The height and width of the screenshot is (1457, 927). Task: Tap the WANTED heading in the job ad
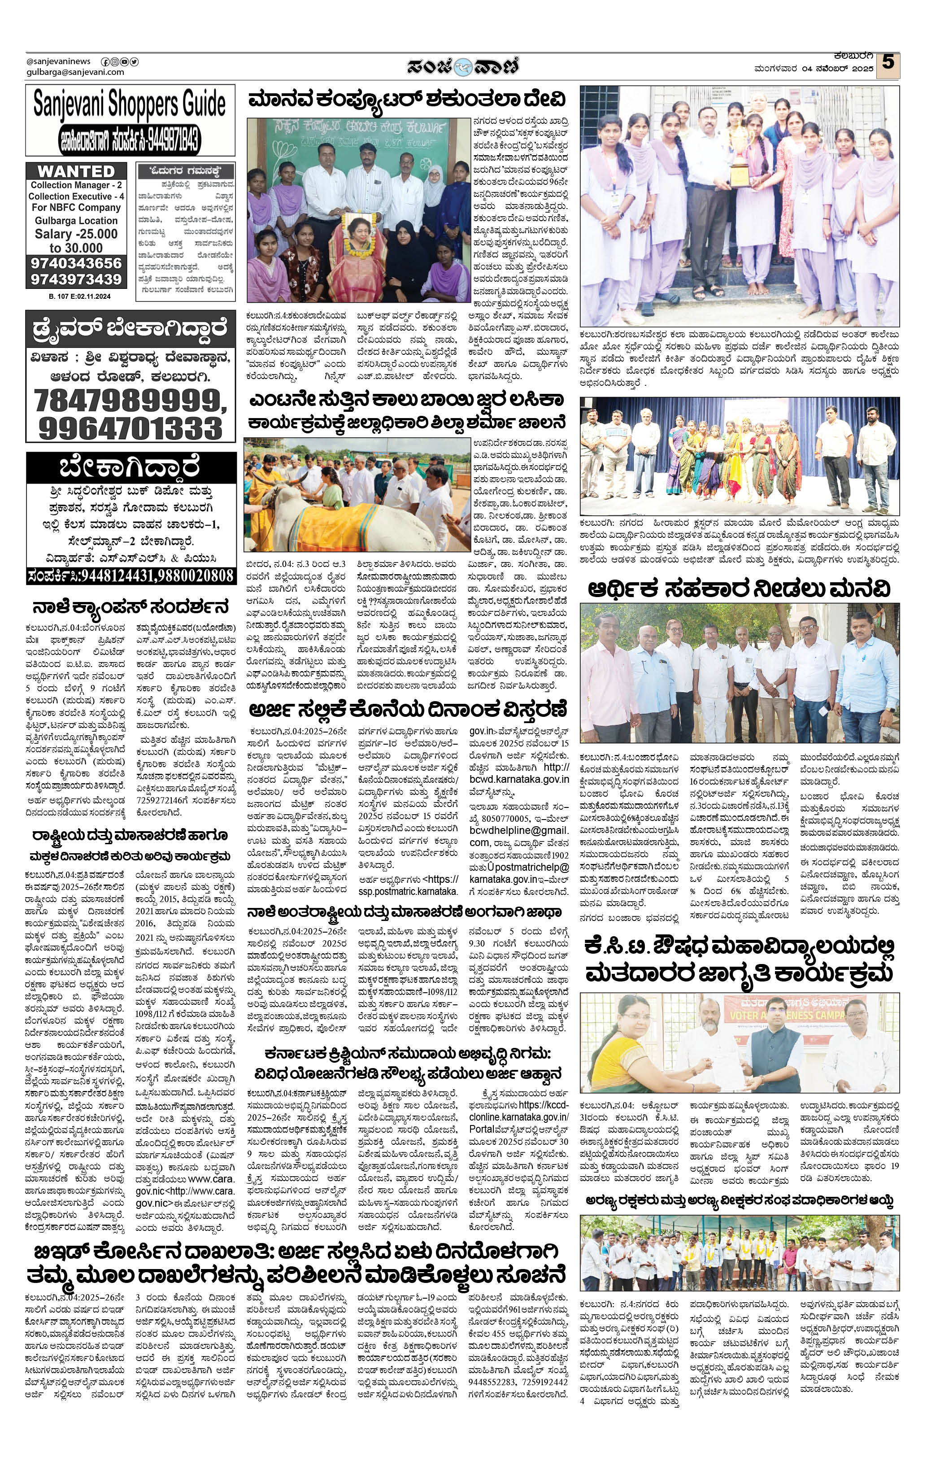click(76, 171)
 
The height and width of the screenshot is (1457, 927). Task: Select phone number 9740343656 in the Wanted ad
click(76, 263)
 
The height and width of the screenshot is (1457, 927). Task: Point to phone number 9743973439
click(76, 279)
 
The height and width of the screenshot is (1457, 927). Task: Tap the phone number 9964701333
click(130, 428)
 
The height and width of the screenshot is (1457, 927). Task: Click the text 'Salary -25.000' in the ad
click(76, 234)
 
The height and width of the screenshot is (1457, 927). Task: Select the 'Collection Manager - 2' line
click(76, 185)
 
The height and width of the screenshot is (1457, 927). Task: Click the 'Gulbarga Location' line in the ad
click(76, 221)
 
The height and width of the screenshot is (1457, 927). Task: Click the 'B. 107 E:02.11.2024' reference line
click(76, 297)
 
